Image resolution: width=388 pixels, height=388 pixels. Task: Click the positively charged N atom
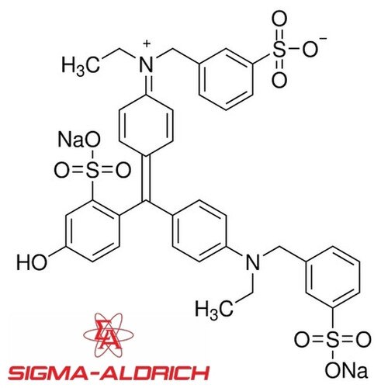coord(147,64)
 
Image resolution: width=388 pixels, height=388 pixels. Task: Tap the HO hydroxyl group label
coord(32,262)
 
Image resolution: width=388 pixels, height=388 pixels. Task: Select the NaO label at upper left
coord(79,140)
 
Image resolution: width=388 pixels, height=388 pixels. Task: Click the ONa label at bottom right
coord(346,371)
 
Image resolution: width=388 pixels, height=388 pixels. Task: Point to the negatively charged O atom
coord(310,49)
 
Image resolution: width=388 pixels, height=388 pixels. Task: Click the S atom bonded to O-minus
coord(279,49)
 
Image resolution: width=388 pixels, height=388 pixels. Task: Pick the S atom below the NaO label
coord(92,171)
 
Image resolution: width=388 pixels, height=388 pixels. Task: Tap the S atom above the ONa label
coord(332,340)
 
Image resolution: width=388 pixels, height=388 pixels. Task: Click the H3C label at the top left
coord(81,65)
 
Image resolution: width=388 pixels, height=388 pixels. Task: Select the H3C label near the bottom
coord(214,309)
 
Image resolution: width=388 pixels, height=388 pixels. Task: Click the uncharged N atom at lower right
coord(253,262)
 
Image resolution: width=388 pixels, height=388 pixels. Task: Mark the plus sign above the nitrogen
coord(147,43)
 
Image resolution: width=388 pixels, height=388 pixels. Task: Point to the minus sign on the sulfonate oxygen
coord(323,39)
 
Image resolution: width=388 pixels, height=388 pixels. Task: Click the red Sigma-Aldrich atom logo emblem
coord(109,335)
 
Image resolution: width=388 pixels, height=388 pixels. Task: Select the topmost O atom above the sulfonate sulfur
coord(279,19)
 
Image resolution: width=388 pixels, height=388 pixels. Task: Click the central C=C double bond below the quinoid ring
coord(146,178)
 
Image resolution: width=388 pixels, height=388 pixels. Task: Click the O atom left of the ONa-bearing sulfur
coord(302,340)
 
